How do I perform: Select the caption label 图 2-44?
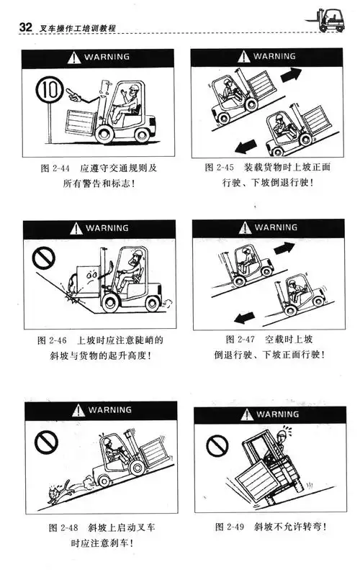click(x=53, y=168)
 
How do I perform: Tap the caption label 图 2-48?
click(x=54, y=527)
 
